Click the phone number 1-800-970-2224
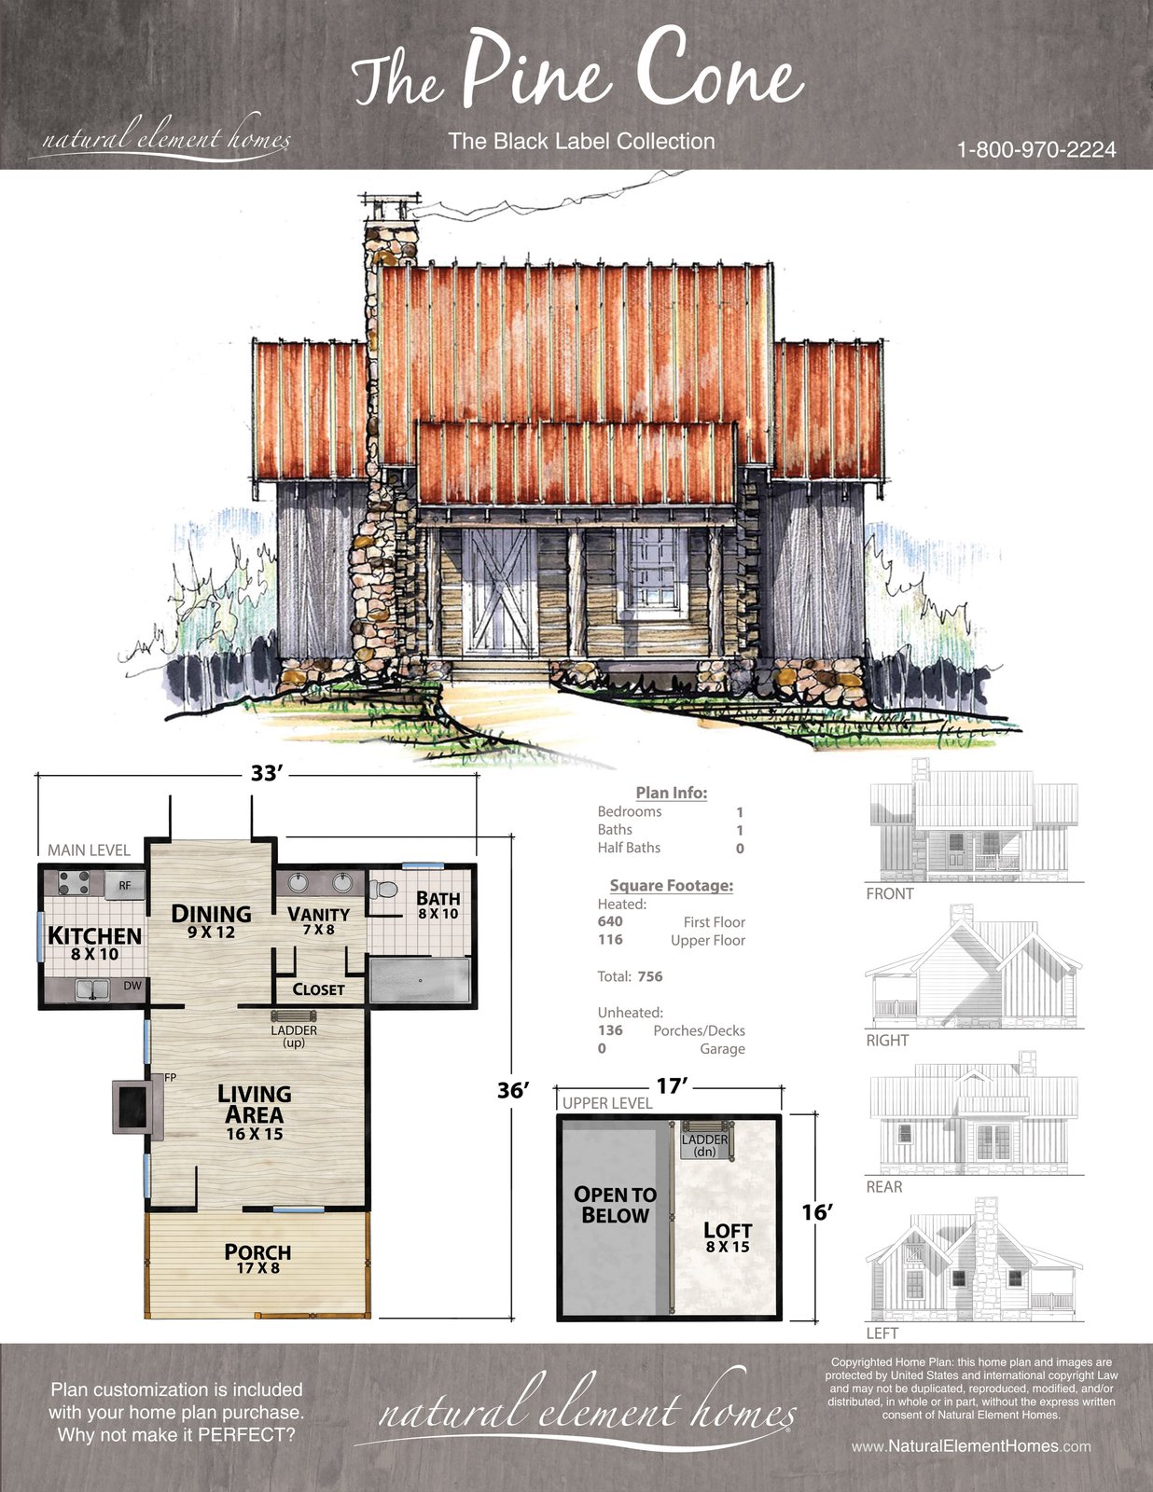pyautogui.click(x=1036, y=150)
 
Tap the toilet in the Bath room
pyautogui.click(x=383, y=890)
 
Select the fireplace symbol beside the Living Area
pyautogui.click(x=137, y=1106)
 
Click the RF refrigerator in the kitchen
pyautogui.click(x=124, y=885)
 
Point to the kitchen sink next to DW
pyautogui.click(x=92, y=988)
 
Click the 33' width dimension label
pyautogui.click(x=267, y=773)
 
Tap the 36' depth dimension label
pyautogui.click(x=513, y=1090)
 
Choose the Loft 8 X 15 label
pyautogui.click(x=728, y=1236)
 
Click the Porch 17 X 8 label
pyautogui.click(x=257, y=1258)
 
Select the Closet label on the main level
pyautogui.click(x=318, y=989)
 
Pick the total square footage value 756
pyautogui.click(x=649, y=976)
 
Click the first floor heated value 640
pyautogui.click(x=610, y=921)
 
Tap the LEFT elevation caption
pyautogui.click(x=882, y=1333)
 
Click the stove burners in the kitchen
pyautogui.click(x=75, y=883)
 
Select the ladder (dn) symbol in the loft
pyautogui.click(x=705, y=1140)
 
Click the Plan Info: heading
pyautogui.click(x=671, y=793)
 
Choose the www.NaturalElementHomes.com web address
pyautogui.click(x=971, y=1446)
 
